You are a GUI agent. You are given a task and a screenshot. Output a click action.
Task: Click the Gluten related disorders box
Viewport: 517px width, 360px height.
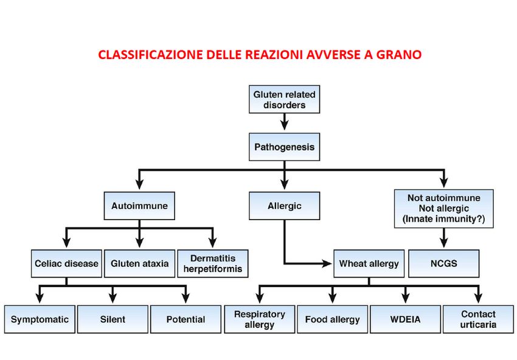(x=284, y=99)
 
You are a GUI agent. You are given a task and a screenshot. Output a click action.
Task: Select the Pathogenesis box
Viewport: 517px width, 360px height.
(x=284, y=147)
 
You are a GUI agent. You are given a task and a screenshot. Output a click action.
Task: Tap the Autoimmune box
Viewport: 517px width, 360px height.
(x=139, y=206)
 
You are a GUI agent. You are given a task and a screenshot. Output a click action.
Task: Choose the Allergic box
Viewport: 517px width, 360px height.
(x=284, y=206)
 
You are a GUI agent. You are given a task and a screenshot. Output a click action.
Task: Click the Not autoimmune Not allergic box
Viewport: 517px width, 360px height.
(x=444, y=209)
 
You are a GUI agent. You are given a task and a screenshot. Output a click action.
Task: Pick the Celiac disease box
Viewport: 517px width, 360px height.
(x=66, y=263)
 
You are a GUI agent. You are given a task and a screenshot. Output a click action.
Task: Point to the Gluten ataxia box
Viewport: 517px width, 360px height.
(x=139, y=263)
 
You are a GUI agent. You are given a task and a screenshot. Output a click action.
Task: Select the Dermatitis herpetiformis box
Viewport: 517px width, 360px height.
(x=213, y=263)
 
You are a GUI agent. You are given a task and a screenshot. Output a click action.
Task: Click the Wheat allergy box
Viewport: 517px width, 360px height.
(x=369, y=263)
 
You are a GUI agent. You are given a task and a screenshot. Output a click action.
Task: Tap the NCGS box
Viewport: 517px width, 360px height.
(x=444, y=263)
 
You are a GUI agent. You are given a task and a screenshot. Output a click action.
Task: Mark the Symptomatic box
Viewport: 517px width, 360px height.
(x=40, y=319)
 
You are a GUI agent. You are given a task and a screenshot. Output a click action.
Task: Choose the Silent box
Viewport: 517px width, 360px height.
(x=113, y=319)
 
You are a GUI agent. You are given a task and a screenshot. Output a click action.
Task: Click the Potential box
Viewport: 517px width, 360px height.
(x=186, y=319)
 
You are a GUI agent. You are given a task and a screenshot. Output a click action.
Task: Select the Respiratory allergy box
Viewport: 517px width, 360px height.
(x=260, y=319)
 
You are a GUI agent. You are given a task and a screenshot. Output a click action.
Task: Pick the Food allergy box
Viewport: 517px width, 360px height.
(x=332, y=319)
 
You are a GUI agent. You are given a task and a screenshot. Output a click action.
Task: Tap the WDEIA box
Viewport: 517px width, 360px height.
(x=405, y=319)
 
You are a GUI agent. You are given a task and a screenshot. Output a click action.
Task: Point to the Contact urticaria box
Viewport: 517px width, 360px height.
(x=478, y=319)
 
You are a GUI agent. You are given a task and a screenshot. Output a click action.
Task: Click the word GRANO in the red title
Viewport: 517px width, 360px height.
(x=399, y=55)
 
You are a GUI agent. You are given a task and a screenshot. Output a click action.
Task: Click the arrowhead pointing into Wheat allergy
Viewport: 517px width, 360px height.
(x=327, y=263)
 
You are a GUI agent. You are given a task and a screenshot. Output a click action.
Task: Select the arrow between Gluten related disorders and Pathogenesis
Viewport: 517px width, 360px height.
(x=284, y=122)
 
